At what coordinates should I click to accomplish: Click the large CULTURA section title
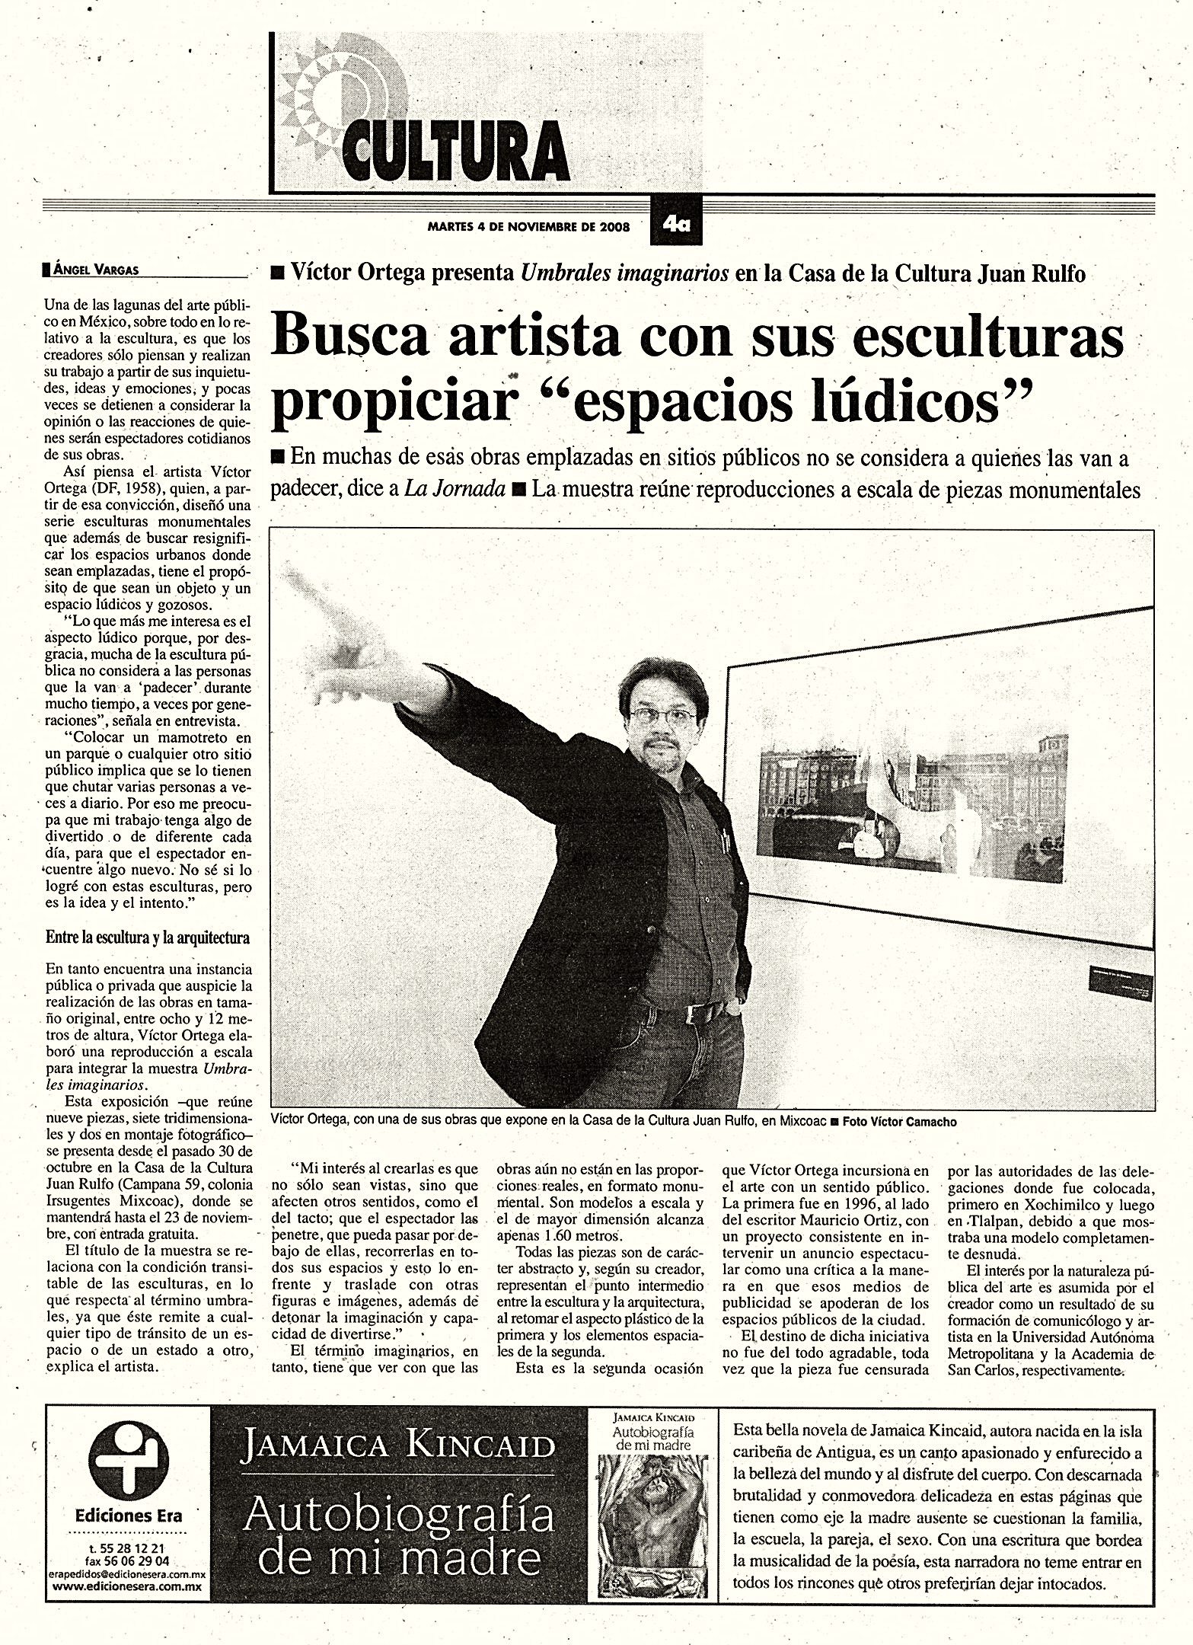(457, 150)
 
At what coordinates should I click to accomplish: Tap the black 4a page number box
(675, 225)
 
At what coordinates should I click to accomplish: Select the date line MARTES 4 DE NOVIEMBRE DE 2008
(528, 226)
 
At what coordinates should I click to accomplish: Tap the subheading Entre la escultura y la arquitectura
(148, 938)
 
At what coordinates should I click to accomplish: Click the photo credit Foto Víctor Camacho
(898, 1122)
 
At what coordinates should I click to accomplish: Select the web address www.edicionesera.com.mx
(127, 1587)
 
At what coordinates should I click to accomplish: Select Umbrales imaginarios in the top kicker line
(624, 273)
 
